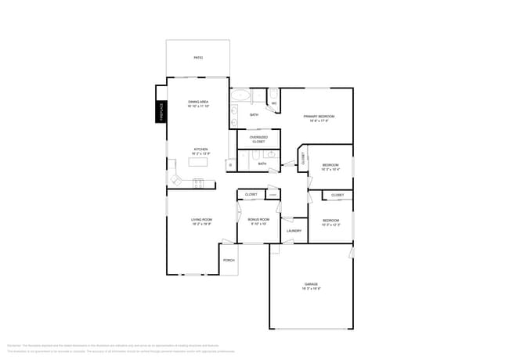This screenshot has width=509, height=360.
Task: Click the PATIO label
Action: (x=198, y=58)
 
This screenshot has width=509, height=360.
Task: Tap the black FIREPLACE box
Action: (x=161, y=112)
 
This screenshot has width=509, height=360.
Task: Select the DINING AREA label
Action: (x=198, y=102)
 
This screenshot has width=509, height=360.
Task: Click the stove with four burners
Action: (x=199, y=183)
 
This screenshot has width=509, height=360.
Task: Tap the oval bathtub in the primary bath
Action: (x=241, y=98)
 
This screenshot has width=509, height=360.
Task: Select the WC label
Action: (x=273, y=103)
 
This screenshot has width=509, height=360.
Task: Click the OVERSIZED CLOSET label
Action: (x=258, y=139)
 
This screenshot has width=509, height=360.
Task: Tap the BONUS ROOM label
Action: (x=259, y=220)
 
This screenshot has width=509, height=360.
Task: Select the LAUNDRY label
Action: (x=294, y=231)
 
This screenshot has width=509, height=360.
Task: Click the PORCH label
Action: (x=229, y=260)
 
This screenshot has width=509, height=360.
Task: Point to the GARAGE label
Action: (x=311, y=284)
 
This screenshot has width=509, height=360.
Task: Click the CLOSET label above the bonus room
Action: (x=251, y=194)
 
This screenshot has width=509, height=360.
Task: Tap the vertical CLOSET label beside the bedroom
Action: (x=303, y=158)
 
